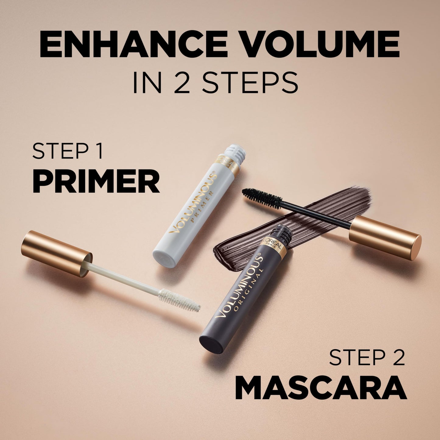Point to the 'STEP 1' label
pyautogui.click(x=68, y=151)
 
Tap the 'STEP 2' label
pyautogui.click(x=367, y=357)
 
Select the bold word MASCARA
pyautogui.click(x=321, y=388)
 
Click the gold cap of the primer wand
pyautogui.click(x=56, y=253)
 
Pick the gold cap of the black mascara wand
pyautogui.click(x=385, y=238)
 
